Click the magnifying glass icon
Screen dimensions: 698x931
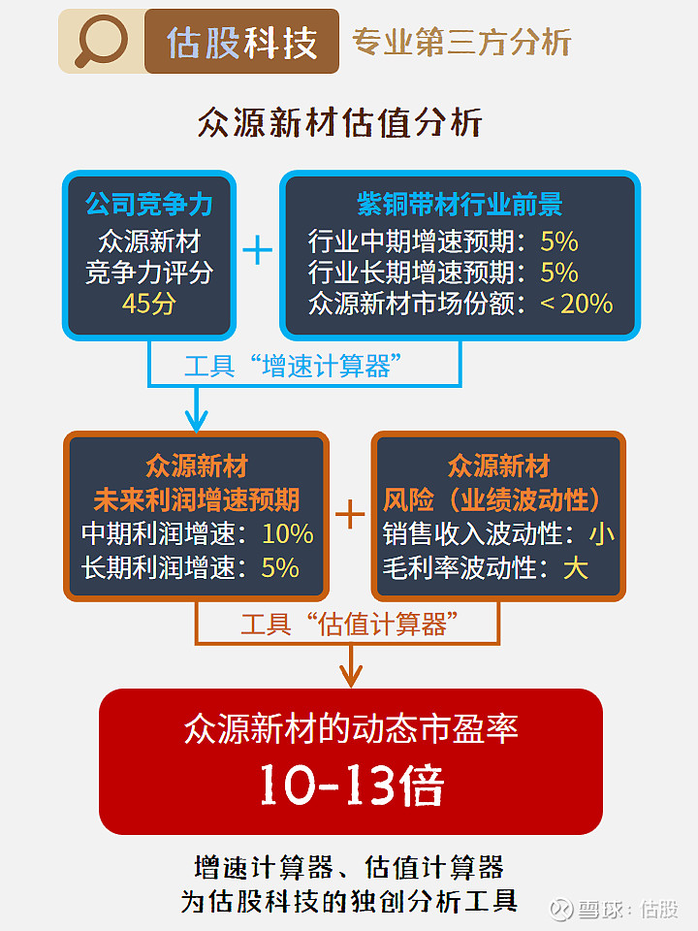coord(101,41)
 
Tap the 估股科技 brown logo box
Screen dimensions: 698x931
coord(241,42)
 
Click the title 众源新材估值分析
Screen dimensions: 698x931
coord(339,122)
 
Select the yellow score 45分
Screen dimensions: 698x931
coord(149,304)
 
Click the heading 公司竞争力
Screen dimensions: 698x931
coord(149,204)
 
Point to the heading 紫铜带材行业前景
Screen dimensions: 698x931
coord(460,204)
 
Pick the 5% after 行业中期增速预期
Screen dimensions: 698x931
coord(559,241)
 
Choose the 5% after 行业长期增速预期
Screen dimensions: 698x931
coord(559,273)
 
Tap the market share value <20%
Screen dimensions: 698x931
coord(576,304)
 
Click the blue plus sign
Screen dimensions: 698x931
coord(258,250)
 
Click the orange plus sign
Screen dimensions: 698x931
coord(350,514)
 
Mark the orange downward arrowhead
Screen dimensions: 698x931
coord(351,675)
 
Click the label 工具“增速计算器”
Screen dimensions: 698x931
coord(293,366)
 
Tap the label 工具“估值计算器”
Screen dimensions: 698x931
coord(349,624)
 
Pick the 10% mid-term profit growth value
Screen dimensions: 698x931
coord(288,533)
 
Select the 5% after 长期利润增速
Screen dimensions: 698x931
coord(280,567)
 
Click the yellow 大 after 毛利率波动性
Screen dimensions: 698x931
coord(576,567)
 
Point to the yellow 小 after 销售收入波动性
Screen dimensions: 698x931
coord(601,533)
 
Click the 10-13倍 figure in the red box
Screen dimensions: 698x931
coord(351,785)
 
